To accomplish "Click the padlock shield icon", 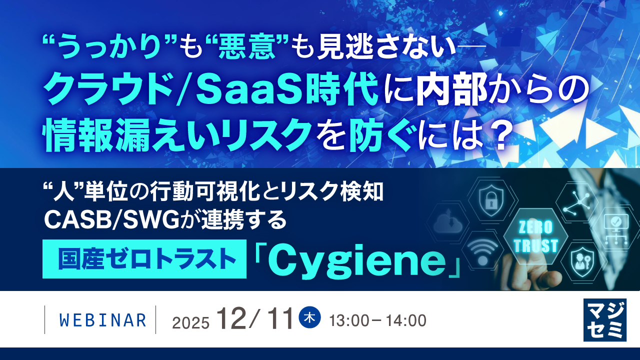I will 488,199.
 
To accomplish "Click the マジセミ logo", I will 604,320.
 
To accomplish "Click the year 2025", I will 190,323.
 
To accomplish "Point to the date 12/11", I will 254,319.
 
